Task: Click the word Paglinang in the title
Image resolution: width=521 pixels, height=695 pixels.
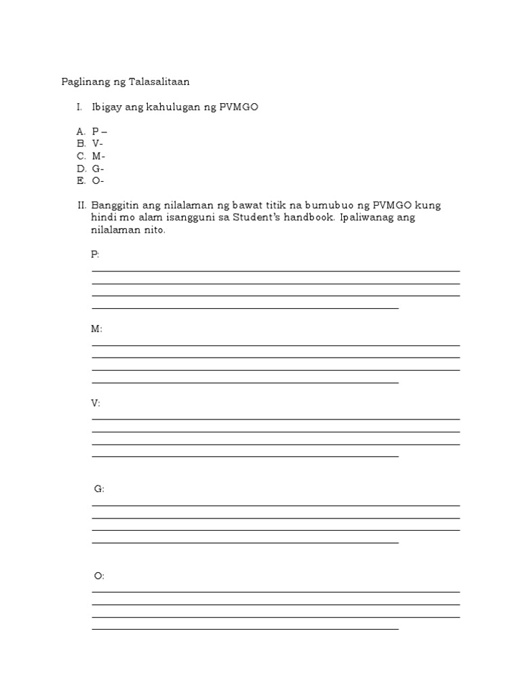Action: (85, 82)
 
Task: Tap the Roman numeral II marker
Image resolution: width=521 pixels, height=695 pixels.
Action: (81, 206)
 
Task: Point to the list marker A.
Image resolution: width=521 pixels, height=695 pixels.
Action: (80, 132)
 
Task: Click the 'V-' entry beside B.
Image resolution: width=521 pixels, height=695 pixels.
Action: (98, 144)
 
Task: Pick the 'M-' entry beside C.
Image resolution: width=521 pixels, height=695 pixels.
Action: (99, 156)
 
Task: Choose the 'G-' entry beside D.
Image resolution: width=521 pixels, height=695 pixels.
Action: (98, 168)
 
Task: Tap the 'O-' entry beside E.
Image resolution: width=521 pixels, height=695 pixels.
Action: (98, 181)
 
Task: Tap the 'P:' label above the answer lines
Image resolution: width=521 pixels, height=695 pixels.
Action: (95, 255)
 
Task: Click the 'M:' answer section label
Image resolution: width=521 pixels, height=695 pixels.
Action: (96, 328)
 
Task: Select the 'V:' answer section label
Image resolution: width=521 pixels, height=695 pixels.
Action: (96, 403)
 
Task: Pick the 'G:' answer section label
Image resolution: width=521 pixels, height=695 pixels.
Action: (99, 489)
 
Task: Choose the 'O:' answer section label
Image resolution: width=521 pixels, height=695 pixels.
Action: (99, 576)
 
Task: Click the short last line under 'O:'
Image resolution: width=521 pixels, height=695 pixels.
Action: (245, 629)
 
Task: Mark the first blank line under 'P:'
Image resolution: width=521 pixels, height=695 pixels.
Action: (275, 271)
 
